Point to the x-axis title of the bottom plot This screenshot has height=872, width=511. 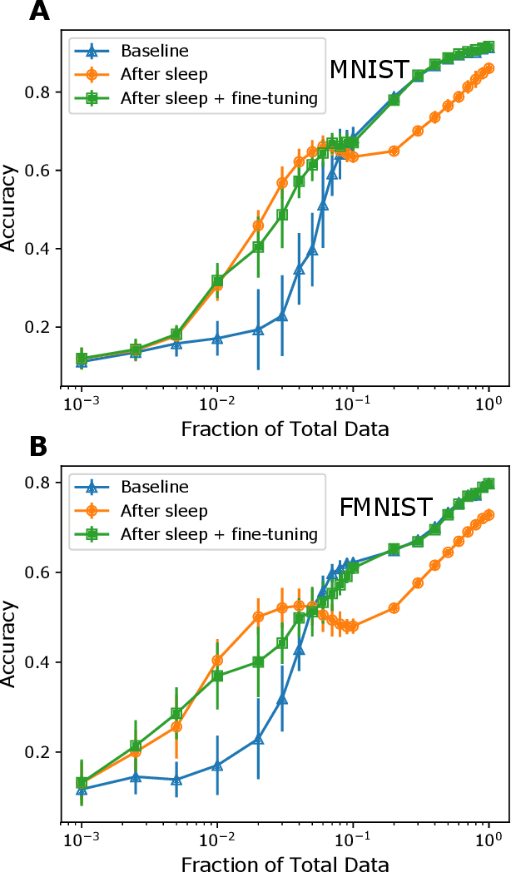284,863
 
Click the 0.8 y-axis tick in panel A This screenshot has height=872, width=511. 42,92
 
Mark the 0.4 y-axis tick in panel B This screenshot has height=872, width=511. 42,662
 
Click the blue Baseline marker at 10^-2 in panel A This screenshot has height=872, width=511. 217,339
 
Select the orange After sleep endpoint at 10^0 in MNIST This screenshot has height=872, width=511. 489,68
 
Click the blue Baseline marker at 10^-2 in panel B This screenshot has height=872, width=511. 217,765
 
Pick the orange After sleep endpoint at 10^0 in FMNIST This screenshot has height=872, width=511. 489,515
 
